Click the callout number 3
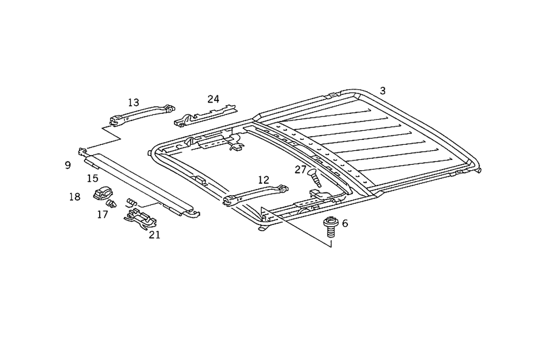click(x=383, y=91)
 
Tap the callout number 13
click(x=134, y=102)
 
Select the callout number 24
click(x=213, y=99)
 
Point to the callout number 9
click(x=68, y=165)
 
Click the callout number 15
click(x=92, y=178)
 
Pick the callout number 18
click(x=74, y=197)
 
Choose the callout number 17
click(x=102, y=215)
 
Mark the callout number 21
click(x=154, y=234)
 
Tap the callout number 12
click(x=263, y=179)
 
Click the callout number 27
click(x=301, y=169)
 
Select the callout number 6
click(x=345, y=223)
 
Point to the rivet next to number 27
click(x=315, y=178)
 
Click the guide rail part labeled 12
click(x=255, y=194)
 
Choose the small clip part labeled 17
click(x=112, y=204)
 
